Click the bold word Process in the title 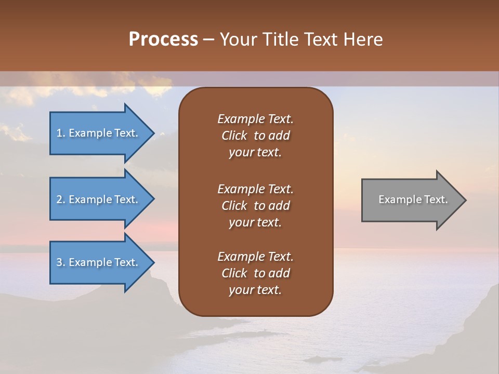click(163, 39)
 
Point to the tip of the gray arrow click(465, 200)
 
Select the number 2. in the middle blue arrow click(61, 199)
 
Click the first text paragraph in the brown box click(255, 136)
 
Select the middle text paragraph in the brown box click(255, 206)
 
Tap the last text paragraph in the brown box click(255, 273)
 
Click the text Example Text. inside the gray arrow click(413, 199)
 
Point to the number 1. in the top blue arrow click(61, 133)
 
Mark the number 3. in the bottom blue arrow click(61, 262)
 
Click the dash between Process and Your click(208, 40)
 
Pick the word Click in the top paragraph click(234, 136)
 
